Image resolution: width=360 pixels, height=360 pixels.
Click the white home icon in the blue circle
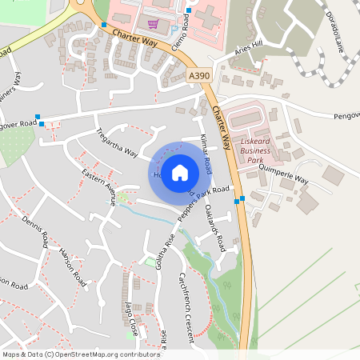tap(180, 172)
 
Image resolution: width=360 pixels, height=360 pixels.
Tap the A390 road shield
tap(199, 75)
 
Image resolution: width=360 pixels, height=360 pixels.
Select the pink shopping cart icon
tap(152, 24)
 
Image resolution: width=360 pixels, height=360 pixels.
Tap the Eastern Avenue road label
tap(100, 186)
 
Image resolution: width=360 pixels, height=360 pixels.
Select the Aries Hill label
tap(249, 49)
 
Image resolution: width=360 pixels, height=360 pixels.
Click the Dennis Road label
tap(35, 231)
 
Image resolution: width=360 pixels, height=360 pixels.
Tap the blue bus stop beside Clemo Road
tap(189, 10)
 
